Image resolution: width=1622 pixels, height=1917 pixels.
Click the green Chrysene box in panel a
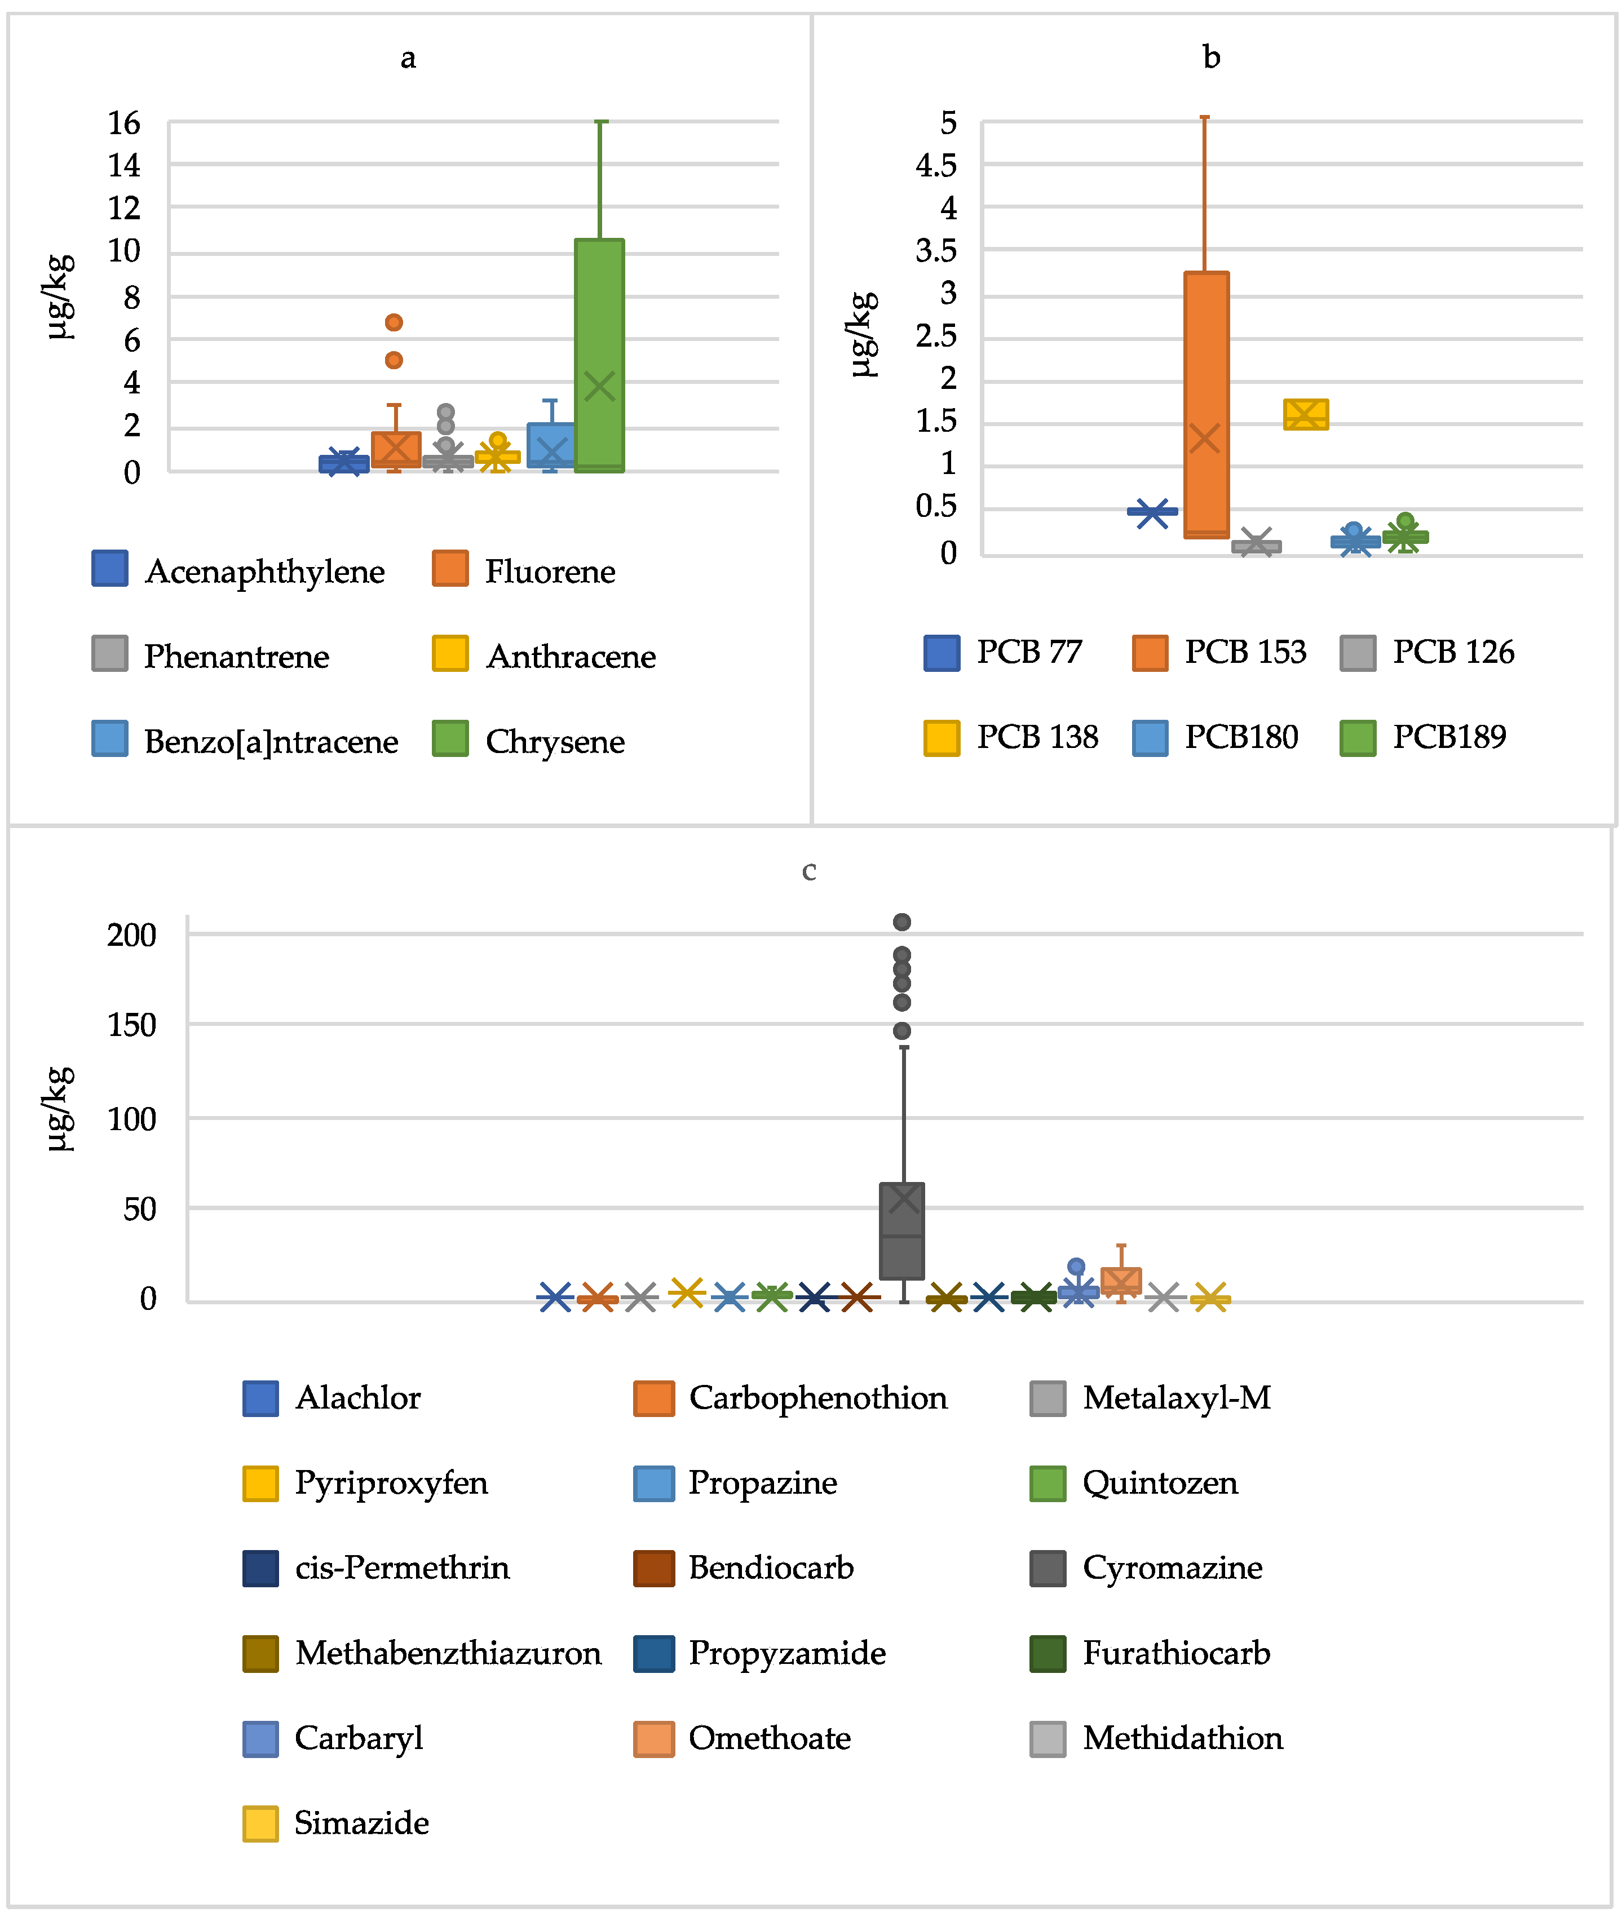coord(599,355)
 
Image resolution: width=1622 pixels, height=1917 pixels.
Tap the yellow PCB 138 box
coord(1306,415)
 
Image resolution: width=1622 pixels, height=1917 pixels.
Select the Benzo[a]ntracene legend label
coord(271,742)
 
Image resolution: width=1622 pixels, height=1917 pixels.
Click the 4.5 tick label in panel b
coord(936,166)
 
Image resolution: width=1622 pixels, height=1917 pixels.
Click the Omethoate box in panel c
coord(1121,1281)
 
